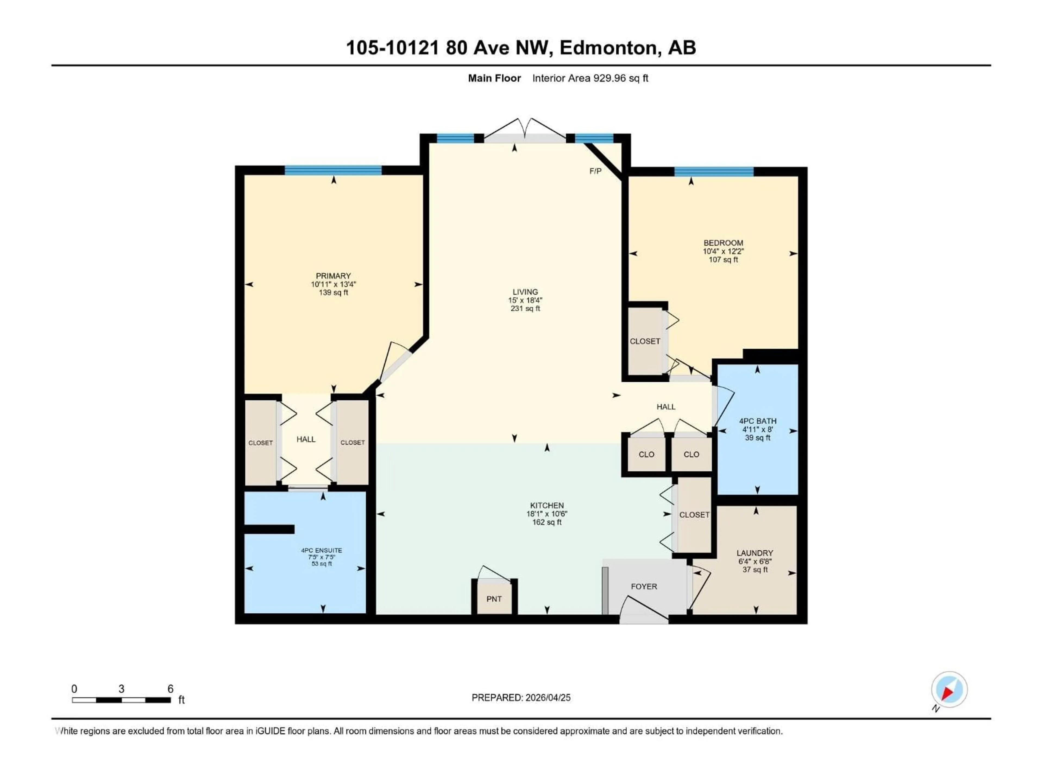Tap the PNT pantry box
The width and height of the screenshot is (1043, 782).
point(494,599)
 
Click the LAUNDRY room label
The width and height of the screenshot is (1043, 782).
point(755,553)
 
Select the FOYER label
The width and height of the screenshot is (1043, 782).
point(644,586)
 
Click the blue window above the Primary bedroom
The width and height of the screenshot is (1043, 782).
point(333,170)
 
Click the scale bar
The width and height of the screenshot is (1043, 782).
point(121,700)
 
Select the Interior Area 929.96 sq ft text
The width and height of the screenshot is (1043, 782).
point(590,78)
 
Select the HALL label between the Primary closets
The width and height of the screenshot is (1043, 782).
point(306,439)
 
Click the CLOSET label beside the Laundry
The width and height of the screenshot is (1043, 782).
point(694,515)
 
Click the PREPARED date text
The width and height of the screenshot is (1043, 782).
point(521,698)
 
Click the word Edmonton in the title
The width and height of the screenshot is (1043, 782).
point(608,48)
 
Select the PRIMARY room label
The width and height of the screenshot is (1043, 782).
point(333,276)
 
